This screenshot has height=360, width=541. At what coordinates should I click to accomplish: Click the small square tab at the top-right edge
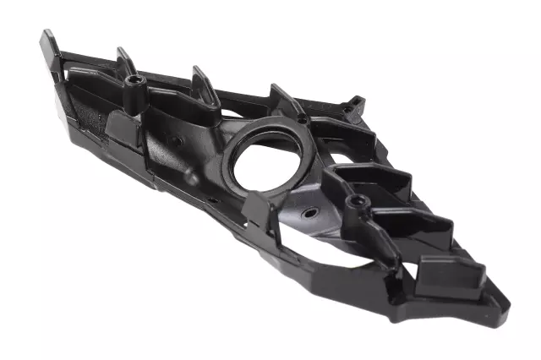(x=356, y=104)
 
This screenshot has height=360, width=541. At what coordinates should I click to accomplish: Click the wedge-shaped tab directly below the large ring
(x=256, y=208)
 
